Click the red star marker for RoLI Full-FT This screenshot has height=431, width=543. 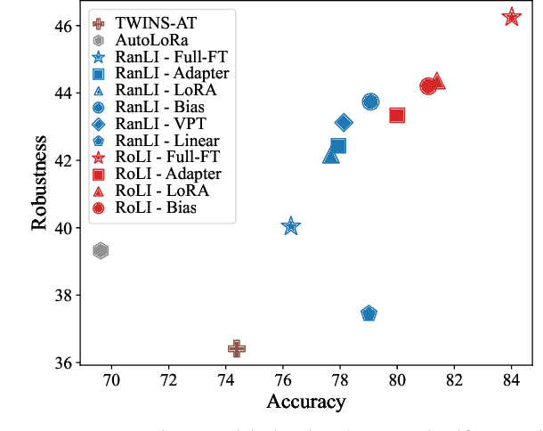511,17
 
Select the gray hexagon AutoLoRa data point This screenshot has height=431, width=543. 101,251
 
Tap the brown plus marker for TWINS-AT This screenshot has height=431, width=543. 236,348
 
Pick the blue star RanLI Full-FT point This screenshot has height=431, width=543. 290,227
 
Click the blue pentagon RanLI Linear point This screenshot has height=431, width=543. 369,313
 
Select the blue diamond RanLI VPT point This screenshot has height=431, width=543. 344,122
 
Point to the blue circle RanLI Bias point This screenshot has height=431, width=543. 370,102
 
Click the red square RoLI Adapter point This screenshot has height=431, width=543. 397,115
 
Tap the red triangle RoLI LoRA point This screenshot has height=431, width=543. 437,82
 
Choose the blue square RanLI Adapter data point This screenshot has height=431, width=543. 338,146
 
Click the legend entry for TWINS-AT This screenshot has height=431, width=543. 147,23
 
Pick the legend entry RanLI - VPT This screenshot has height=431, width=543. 160,124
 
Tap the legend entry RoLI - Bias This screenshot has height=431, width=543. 157,207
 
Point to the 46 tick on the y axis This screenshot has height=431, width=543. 65,26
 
